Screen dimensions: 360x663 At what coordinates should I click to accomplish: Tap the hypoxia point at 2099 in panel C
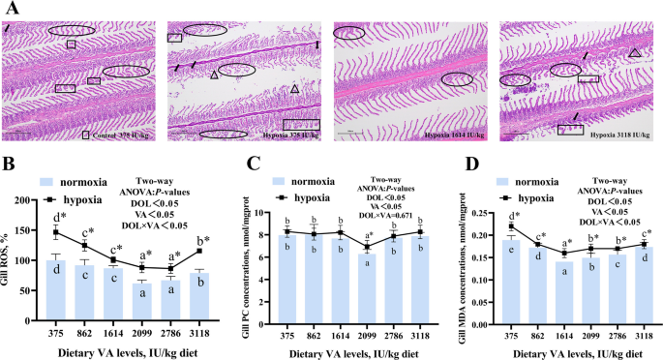click(337, 248)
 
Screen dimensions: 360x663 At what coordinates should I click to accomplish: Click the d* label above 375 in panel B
click(58, 219)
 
